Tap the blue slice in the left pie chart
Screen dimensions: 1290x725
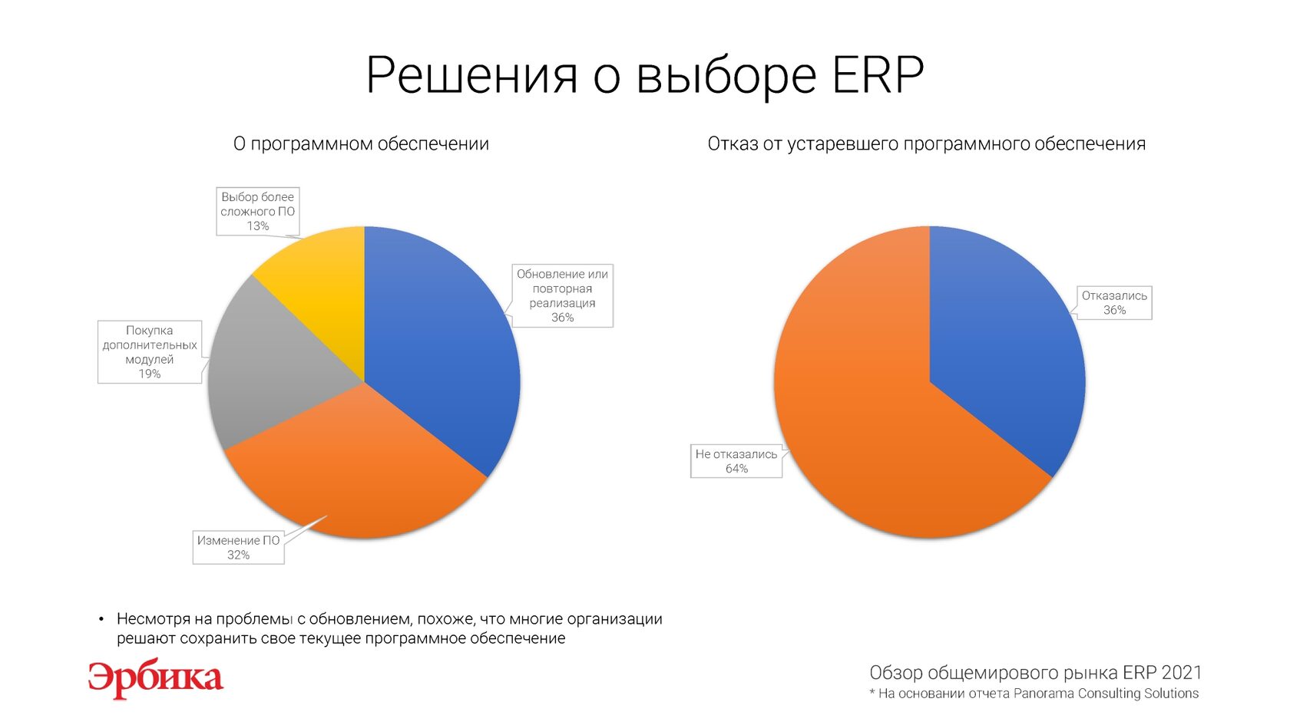(444, 345)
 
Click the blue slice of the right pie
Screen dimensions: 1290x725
(1007, 345)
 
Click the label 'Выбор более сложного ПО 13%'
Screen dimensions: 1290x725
(257, 211)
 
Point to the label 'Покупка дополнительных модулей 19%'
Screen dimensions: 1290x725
(150, 351)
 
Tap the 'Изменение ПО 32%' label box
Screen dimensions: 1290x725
(238, 547)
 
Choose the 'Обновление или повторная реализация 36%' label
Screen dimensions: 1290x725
(562, 296)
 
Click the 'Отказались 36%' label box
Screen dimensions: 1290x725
(1114, 302)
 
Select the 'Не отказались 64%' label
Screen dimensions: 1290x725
(736, 461)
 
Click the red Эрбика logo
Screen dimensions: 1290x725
(155, 679)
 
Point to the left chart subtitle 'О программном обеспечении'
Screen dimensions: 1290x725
(361, 144)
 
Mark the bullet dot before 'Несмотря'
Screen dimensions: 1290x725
(101, 620)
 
